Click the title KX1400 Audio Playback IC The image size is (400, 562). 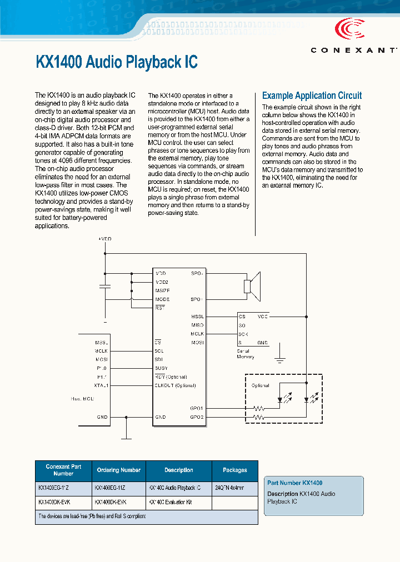click(117, 62)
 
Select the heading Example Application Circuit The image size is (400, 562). click(312, 96)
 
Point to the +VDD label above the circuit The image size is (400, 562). click(104, 238)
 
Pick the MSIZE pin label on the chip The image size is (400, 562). click(163, 290)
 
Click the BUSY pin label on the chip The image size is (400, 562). click(161, 368)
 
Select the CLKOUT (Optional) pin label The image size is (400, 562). click(175, 385)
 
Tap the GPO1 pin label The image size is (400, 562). click(197, 408)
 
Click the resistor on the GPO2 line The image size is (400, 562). click(258, 417)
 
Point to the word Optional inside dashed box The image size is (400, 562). click(260, 385)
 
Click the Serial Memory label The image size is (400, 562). click(245, 353)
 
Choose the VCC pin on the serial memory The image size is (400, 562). click(262, 316)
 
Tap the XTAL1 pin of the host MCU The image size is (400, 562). click(102, 385)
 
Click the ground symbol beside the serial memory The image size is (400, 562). click(281, 359)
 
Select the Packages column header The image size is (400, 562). click(234, 470)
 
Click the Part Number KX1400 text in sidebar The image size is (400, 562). click(294, 483)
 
